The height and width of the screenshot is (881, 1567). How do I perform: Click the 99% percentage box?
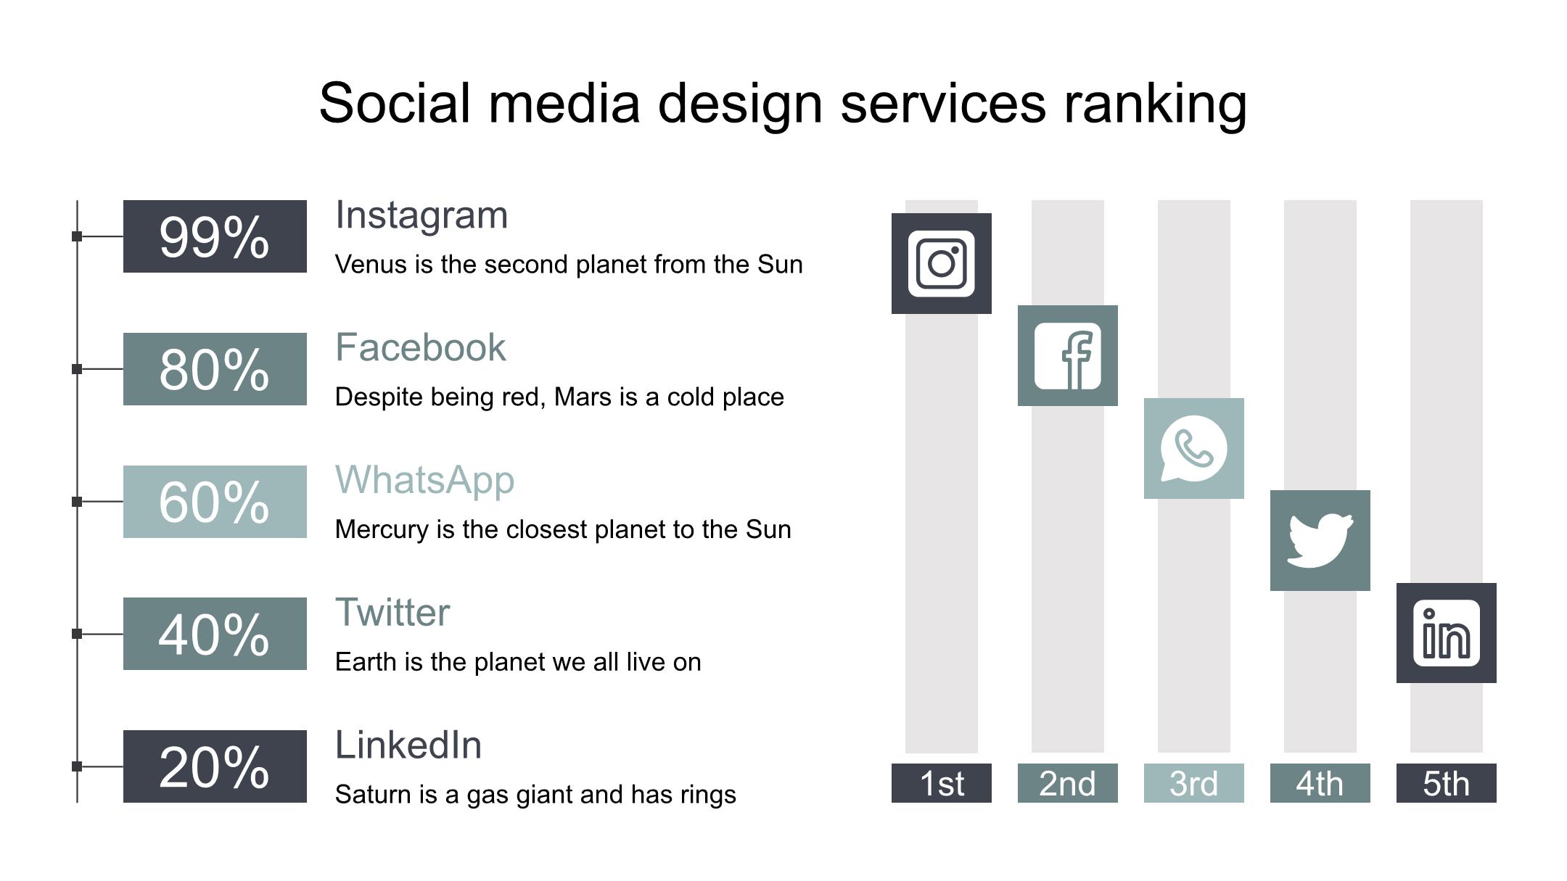(215, 236)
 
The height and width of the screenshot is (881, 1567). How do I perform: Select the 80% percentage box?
(215, 369)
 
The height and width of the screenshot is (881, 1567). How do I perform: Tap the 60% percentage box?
(215, 502)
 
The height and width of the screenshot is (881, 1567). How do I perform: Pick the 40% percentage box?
(215, 634)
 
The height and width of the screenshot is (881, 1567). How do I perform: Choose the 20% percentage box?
(215, 766)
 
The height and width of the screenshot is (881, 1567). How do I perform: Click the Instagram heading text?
(421, 216)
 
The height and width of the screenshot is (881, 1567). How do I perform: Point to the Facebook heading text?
(420, 347)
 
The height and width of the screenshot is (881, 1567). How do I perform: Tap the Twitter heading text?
(392, 613)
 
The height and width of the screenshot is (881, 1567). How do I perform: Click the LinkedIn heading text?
(408, 745)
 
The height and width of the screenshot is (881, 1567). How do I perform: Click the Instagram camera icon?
(942, 263)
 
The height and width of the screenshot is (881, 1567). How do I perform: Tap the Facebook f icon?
(1068, 356)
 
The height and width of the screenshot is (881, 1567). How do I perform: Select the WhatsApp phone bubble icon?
(1194, 448)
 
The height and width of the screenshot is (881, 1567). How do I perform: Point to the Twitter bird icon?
(1320, 541)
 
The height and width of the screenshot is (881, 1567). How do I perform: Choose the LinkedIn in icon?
(1447, 633)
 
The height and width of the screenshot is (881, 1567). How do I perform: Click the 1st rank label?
(942, 783)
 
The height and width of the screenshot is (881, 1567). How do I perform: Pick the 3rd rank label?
(1194, 783)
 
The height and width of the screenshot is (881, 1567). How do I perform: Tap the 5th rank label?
(1447, 783)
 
